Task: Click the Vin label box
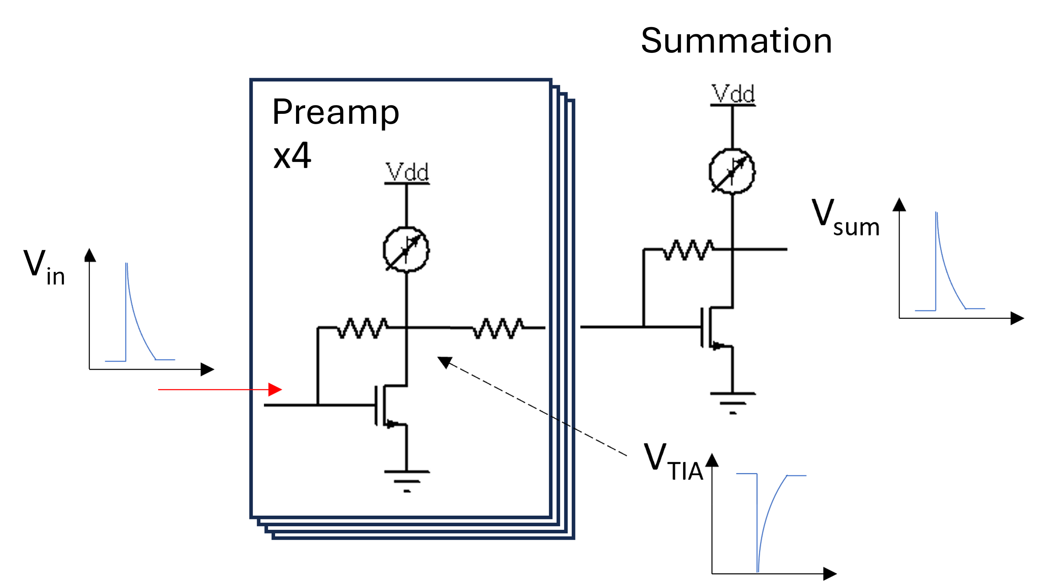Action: [47, 263]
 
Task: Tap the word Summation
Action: [736, 40]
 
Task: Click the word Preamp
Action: [335, 112]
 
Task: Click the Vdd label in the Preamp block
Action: [407, 173]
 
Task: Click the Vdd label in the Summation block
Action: [733, 94]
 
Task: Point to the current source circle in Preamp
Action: [406, 249]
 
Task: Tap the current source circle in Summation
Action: [732, 172]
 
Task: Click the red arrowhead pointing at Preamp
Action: [275, 389]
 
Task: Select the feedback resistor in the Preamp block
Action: [362, 328]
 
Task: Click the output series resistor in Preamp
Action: [498, 328]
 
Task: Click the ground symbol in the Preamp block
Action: [407, 480]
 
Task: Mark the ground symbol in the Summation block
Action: [733, 402]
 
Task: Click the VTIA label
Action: [673, 461]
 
